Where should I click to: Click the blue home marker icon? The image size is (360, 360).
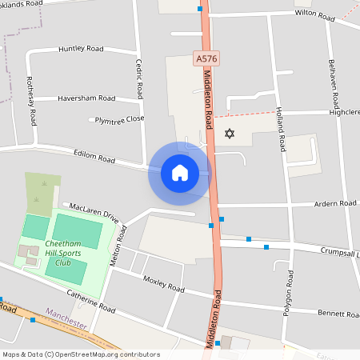coord(179,173)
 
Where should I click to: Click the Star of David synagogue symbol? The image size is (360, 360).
coord(231,133)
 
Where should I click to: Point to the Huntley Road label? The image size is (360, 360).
coord(81,49)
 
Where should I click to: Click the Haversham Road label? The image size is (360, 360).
coord(86,98)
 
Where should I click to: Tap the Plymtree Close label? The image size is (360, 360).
coord(119,118)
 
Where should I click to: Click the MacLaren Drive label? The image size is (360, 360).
coord(94,212)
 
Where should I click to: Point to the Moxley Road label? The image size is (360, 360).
coord(163,283)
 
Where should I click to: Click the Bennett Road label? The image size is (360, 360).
coord(340,313)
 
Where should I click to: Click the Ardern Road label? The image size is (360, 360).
coord(336,204)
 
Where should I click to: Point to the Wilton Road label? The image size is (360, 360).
coord(315,15)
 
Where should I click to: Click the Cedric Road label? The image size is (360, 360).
coord(138,78)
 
